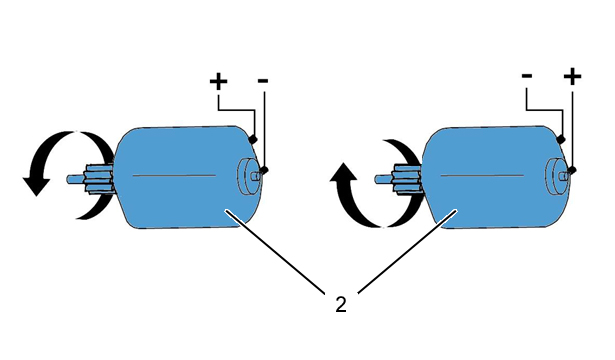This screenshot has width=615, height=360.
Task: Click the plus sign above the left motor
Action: pyautogui.click(x=218, y=82)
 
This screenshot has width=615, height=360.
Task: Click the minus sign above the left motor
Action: pyautogui.click(x=263, y=81)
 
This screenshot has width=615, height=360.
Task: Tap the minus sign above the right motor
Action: pyautogui.click(x=527, y=75)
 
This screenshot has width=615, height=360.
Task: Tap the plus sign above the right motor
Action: pyautogui.click(x=572, y=76)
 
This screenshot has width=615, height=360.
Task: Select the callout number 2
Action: pyautogui.click(x=341, y=304)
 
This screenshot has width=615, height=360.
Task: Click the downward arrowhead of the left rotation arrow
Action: pyautogui.click(x=36, y=186)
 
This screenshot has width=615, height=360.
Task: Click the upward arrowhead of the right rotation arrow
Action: pyautogui.click(x=344, y=172)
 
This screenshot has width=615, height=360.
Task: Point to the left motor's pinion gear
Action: pyautogui.click(x=98, y=179)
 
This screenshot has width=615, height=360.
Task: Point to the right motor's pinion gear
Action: pyautogui.click(x=406, y=179)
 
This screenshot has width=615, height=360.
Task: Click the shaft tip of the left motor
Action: pyautogui.click(x=69, y=179)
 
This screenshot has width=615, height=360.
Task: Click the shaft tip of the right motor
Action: pyautogui.click(x=377, y=179)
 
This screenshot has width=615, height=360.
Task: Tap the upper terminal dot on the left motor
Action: pyautogui.click(x=253, y=139)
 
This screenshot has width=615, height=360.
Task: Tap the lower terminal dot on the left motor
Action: pyautogui.click(x=264, y=170)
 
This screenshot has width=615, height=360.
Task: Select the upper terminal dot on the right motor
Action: pyautogui.click(x=561, y=139)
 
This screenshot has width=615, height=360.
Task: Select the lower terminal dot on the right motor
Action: pyautogui.click(x=573, y=170)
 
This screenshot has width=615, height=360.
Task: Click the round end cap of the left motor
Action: pyautogui.click(x=249, y=176)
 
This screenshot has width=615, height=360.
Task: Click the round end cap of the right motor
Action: pyautogui.click(x=557, y=176)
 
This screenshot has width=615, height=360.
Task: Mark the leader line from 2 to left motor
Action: pyautogui.click(x=275, y=252)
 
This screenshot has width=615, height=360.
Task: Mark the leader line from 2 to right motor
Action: pyautogui.click(x=408, y=251)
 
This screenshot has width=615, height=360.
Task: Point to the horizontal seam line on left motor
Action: pyautogui.click(x=174, y=175)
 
